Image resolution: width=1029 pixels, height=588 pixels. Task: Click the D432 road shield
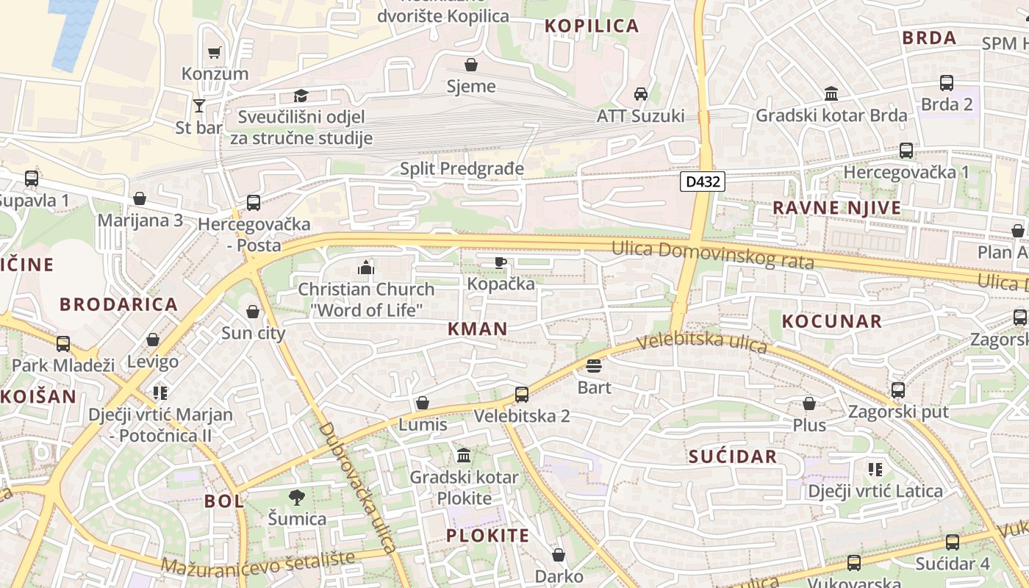point(702,182)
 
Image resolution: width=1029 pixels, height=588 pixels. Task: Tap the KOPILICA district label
point(592,26)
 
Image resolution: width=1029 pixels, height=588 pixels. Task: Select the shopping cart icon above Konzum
point(215,52)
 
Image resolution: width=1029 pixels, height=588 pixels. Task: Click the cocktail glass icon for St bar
point(198,106)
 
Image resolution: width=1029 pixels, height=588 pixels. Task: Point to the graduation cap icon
point(301,96)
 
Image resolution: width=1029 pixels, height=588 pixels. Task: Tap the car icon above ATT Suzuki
point(640,94)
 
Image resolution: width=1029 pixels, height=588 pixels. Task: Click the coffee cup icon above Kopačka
point(501,262)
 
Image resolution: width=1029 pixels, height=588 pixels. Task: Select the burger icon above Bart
point(594,365)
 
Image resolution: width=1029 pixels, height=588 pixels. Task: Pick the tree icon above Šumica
point(297,497)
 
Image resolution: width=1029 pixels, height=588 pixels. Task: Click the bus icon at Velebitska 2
point(522,395)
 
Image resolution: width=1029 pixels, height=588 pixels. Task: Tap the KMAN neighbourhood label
point(478,329)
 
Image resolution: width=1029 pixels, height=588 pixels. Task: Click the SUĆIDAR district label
point(733,456)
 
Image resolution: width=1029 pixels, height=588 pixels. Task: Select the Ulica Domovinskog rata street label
point(712,255)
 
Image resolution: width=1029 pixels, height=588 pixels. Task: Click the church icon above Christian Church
point(366,268)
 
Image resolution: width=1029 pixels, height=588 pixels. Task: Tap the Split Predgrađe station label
point(462,169)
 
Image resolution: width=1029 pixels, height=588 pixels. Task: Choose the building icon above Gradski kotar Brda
point(831,94)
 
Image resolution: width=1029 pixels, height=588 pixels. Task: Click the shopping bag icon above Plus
point(809,404)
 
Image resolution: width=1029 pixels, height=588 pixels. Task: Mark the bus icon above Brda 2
point(947,83)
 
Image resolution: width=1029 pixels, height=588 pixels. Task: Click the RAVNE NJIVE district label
point(836,208)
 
